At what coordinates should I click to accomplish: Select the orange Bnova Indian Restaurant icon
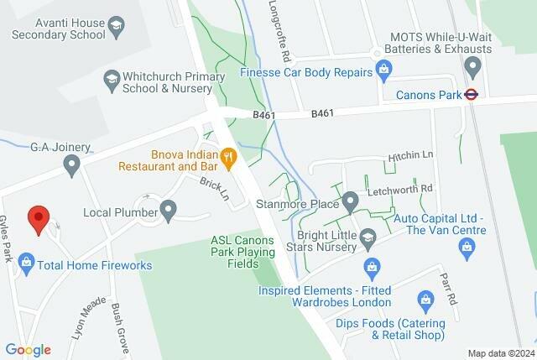pyautogui.click(x=227, y=155)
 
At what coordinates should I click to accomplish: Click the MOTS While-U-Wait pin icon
pyautogui.click(x=473, y=65)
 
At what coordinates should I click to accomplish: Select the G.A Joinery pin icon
pyautogui.click(x=72, y=164)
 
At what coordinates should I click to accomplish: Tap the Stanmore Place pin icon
pyautogui.click(x=350, y=202)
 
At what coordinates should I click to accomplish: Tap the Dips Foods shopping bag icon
pyautogui.click(x=425, y=300)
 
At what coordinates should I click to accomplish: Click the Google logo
pyautogui.click(x=28, y=350)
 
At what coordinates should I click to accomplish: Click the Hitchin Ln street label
pyautogui.click(x=409, y=157)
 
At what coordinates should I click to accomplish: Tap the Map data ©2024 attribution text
pyautogui.click(x=500, y=353)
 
